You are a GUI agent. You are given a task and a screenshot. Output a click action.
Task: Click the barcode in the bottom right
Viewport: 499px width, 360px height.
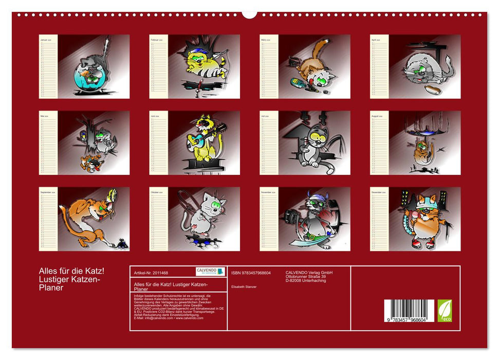409,311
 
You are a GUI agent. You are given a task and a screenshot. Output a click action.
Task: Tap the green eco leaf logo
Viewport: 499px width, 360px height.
445,311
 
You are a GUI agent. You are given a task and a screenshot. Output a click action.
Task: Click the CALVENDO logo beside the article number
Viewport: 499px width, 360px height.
210,271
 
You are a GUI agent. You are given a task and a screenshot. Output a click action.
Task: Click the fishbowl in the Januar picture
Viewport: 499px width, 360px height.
84,77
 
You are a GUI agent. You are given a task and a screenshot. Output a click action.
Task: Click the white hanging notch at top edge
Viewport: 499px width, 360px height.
249,14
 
